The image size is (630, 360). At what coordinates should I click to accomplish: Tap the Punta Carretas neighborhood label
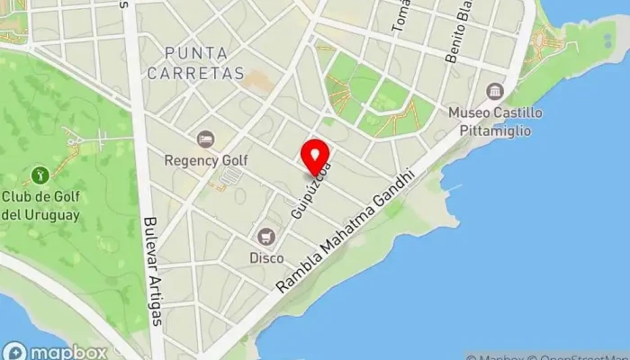click(x=196, y=63)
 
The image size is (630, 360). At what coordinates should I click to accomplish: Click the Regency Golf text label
click(x=206, y=160)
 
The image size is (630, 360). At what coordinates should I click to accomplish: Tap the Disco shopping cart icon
click(x=265, y=237)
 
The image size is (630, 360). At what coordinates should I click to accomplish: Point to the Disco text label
click(x=266, y=258)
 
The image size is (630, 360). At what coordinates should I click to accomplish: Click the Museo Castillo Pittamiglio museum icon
click(x=494, y=91)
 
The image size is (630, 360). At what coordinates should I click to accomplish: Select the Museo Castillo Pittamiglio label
click(x=496, y=121)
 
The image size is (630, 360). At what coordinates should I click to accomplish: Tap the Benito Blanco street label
click(x=459, y=36)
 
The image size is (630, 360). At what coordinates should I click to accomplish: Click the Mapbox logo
click(x=55, y=351)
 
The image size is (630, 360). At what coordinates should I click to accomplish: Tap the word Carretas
click(x=196, y=73)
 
